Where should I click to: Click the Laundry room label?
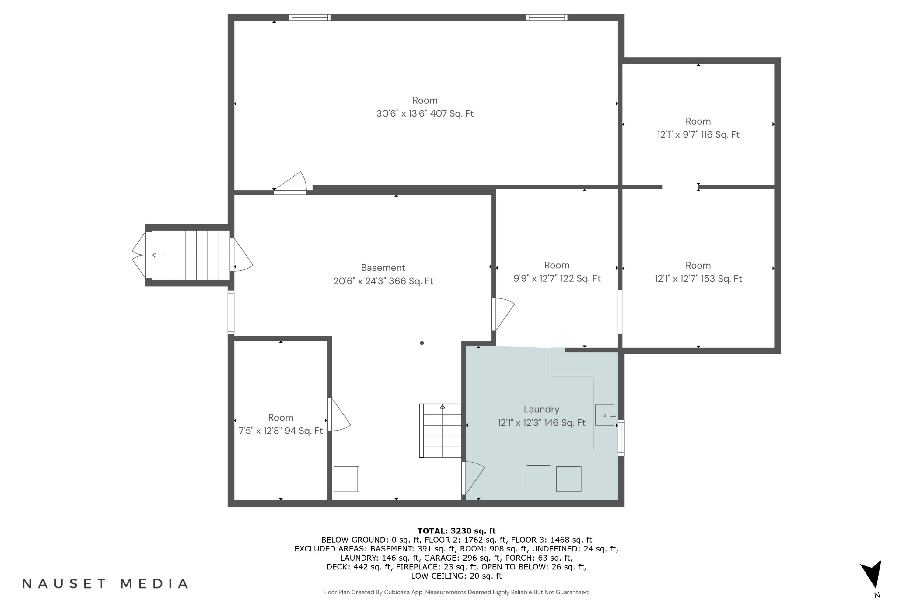click(541, 409)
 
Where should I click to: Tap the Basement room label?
click(383, 268)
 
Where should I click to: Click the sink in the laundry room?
click(605, 415)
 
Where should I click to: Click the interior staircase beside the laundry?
click(441, 431)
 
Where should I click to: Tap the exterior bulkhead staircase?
click(190, 255)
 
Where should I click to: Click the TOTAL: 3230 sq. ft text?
click(456, 531)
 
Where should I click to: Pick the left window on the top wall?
click(310, 17)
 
